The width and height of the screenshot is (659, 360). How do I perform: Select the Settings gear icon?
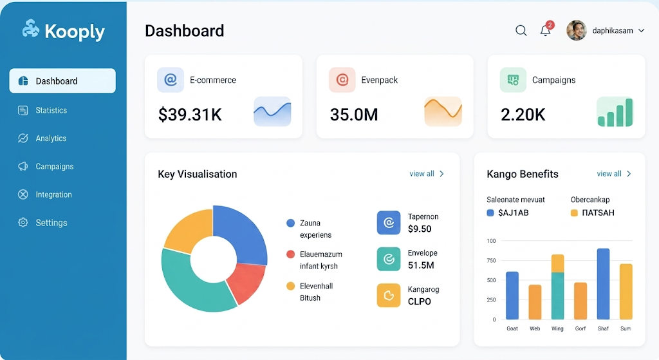pyautogui.click(x=23, y=222)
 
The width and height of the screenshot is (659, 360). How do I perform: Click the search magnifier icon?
pyautogui.click(x=521, y=30)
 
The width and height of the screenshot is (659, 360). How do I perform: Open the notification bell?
pyautogui.click(x=546, y=31)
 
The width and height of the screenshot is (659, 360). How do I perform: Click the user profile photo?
pyautogui.click(x=576, y=30)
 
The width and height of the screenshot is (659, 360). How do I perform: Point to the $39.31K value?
pyautogui.click(x=190, y=115)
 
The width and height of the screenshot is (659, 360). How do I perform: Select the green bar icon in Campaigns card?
pyautogui.click(x=615, y=111)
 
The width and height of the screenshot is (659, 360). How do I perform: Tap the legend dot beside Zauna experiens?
pyautogui.click(x=290, y=223)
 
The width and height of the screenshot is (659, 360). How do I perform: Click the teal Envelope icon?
pyautogui.click(x=389, y=259)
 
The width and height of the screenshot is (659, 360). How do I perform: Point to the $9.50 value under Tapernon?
pyautogui.click(x=420, y=229)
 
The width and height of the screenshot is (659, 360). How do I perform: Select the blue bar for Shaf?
pyautogui.click(x=603, y=284)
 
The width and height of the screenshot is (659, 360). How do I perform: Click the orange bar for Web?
pyautogui.click(x=535, y=302)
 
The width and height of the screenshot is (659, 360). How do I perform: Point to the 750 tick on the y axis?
pyautogui.click(x=491, y=260)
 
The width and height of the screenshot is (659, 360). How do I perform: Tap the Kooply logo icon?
pyautogui.click(x=31, y=28)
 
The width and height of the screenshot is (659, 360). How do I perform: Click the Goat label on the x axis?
pyautogui.click(x=512, y=328)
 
